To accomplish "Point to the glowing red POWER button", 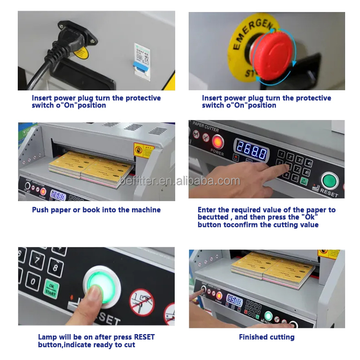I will click(x=217, y=141).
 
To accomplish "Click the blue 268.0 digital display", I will click(x=250, y=153).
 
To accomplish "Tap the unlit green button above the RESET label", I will click(x=330, y=181).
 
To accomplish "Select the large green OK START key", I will click(x=51, y=288).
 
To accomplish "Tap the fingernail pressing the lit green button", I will click(x=98, y=291).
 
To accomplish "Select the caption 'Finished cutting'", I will click(x=266, y=337).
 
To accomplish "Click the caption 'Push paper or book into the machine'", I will click(x=96, y=210).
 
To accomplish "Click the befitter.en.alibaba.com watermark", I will click(x=180, y=181).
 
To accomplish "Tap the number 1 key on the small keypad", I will click(x=282, y=155).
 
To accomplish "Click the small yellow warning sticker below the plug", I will click(x=82, y=52).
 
